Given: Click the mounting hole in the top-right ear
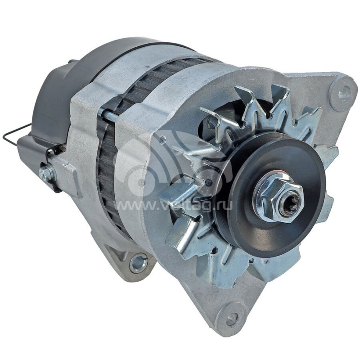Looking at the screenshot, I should (x=344, y=93).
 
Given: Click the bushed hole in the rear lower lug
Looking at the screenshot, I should (x=138, y=262).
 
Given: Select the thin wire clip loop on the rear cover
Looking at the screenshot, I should (x=13, y=135).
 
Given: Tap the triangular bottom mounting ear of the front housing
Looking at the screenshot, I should (x=220, y=301).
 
